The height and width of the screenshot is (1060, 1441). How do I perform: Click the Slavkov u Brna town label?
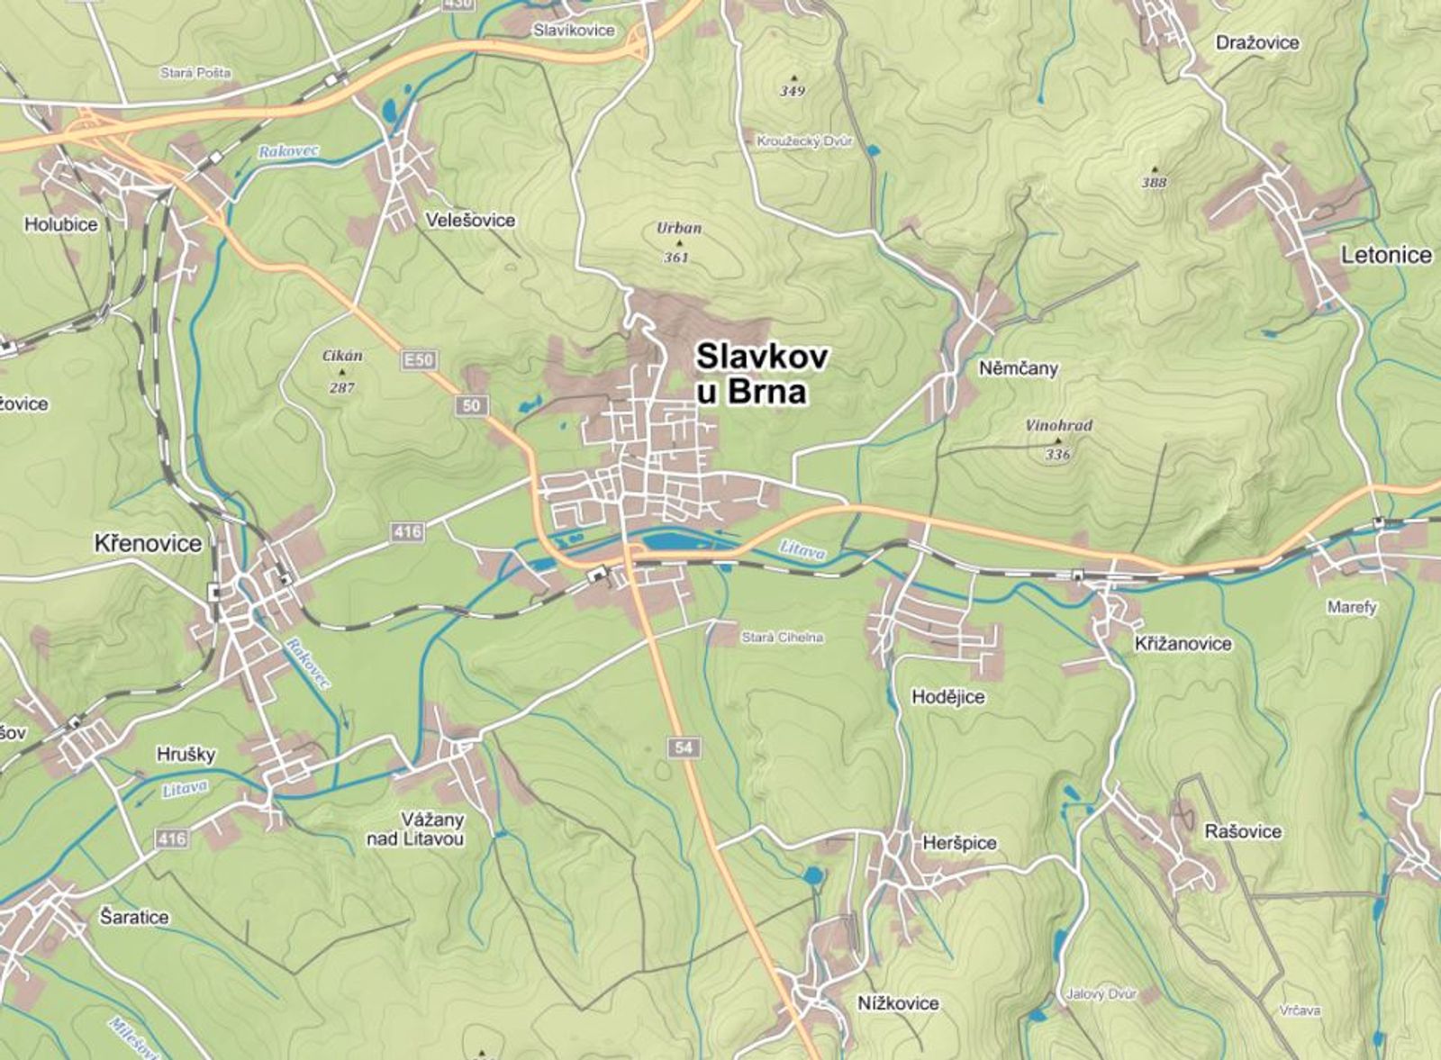pos(761,374)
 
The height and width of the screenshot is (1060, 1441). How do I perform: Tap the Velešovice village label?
pos(470,220)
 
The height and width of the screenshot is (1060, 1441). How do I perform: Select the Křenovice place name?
pos(148,543)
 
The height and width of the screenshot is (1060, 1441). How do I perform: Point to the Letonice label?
pos(1386,255)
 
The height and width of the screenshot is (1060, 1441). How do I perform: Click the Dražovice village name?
pos(1257,42)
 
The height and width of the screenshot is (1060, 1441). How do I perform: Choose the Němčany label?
pos(1018,368)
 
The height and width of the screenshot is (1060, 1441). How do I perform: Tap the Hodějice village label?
pos(947,696)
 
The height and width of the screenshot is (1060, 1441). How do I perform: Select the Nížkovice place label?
pos(897,1002)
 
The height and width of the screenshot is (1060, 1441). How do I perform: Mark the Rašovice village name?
pos(1243,831)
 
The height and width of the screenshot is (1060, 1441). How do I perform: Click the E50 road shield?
pos(419,360)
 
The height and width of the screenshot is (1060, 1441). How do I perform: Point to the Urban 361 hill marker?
pos(678,242)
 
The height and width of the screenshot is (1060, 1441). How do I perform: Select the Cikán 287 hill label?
pos(342,371)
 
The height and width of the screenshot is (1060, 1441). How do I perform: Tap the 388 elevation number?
pos(1154,183)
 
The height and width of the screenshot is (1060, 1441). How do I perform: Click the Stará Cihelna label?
pos(782,638)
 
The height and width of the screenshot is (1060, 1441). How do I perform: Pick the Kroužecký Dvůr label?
pos(804,142)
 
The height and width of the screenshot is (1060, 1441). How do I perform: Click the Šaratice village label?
pos(134,917)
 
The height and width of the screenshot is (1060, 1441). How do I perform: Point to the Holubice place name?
pos(60,224)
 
